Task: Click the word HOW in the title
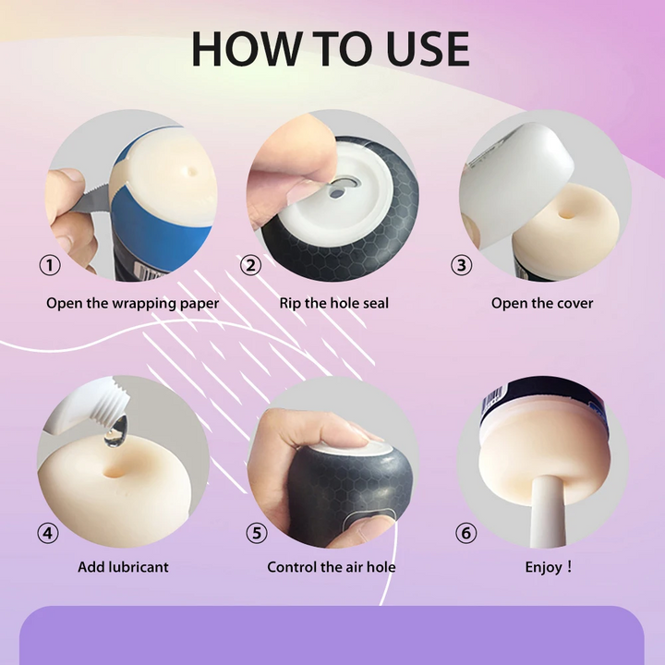click(247, 49)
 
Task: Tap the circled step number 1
click(50, 265)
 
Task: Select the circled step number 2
click(250, 265)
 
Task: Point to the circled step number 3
click(462, 265)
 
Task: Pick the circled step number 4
click(48, 533)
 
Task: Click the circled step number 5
click(257, 533)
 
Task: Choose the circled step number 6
click(466, 533)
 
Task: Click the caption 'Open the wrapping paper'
click(132, 304)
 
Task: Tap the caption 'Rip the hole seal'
click(333, 303)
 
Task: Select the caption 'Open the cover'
click(542, 303)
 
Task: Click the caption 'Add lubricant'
click(123, 567)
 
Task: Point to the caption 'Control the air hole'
click(332, 567)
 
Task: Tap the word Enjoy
click(544, 567)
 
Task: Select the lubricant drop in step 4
click(115, 431)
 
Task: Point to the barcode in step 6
click(493, 400)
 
